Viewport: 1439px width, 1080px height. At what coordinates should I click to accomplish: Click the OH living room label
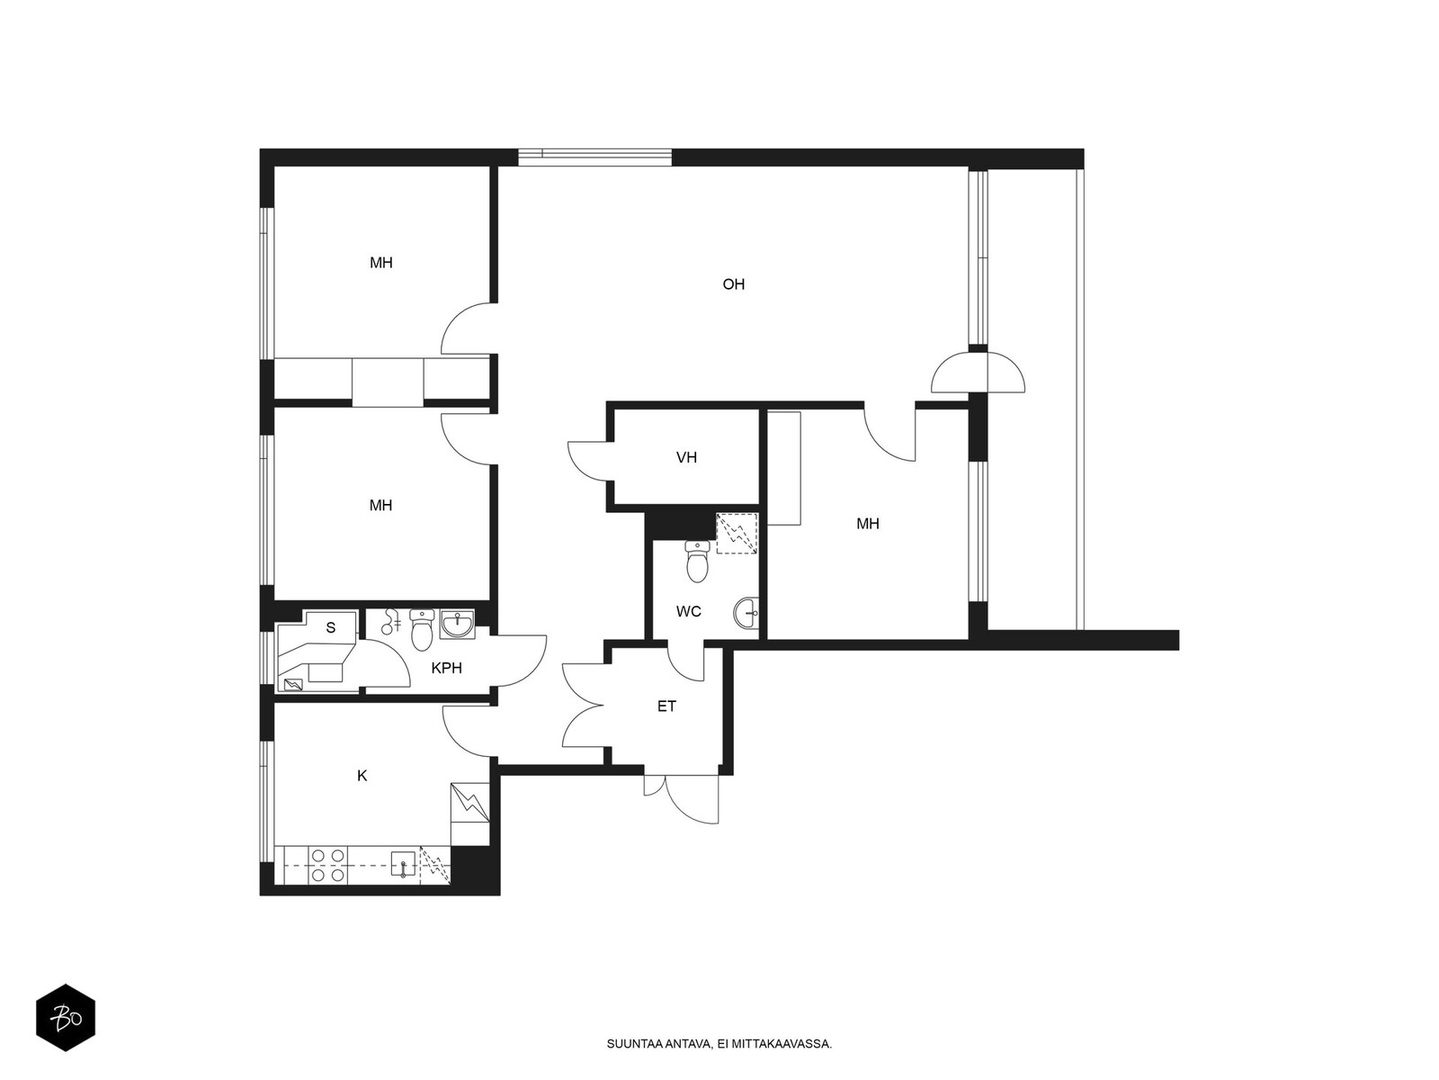(x=733, y=283)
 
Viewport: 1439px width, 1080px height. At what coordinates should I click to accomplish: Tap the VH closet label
(x=686, y=457)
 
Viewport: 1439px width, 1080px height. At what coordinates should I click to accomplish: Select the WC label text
(x=688, y=611)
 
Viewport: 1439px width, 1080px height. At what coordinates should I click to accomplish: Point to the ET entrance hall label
(x=666, y=706)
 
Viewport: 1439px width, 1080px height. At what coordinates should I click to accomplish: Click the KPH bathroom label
(x=446, y=668)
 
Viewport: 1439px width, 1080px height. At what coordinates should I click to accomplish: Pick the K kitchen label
(x=362, y=776)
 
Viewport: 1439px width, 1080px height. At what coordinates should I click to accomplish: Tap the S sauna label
(x=330, y=627)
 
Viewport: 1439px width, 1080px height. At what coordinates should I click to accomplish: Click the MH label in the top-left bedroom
(x=381, y=263)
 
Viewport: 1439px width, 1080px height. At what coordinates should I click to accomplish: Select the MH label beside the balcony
(x=867, y=523)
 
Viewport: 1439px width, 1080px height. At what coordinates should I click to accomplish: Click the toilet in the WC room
(x=698, y=562)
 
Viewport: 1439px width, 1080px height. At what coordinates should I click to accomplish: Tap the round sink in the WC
(x=746, y=613)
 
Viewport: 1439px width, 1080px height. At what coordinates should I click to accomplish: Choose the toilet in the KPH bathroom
(x=422, y=629)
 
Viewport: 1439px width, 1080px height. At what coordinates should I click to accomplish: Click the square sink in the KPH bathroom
(x=456, y=624)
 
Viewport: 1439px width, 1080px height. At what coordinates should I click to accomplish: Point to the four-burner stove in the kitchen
(x=327, y=865)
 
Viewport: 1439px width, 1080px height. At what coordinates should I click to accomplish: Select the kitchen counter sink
(x=403, y=864)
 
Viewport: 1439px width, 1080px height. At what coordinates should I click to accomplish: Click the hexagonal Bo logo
(x=66, y=1018)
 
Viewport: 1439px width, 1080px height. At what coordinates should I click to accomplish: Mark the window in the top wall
(x=594, y=157)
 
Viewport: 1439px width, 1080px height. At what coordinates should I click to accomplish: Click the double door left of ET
(x=584, y=706)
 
